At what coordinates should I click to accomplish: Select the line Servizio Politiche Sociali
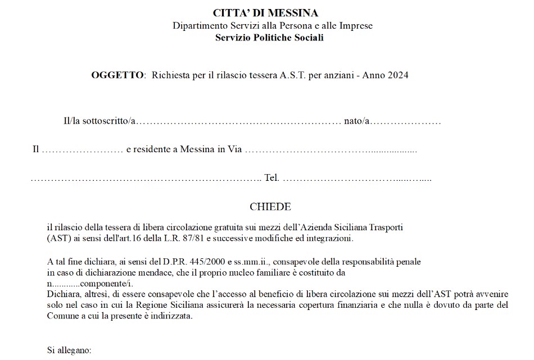pos(269,38)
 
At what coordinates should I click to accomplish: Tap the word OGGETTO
pos(117,75)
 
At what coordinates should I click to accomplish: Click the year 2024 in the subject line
pos(397,75)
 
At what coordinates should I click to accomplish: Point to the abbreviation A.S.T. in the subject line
pos(293,75)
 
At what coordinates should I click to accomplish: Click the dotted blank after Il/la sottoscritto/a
pos(238,122)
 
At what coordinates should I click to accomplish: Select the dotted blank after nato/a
pos(406,122)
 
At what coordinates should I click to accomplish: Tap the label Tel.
pos(271,179)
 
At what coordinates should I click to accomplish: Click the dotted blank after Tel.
pos(356,179)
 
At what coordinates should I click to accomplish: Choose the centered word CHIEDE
pos(270,207)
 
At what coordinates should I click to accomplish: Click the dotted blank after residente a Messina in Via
pos(331,151)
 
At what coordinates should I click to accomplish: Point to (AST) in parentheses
pos(57,239)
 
